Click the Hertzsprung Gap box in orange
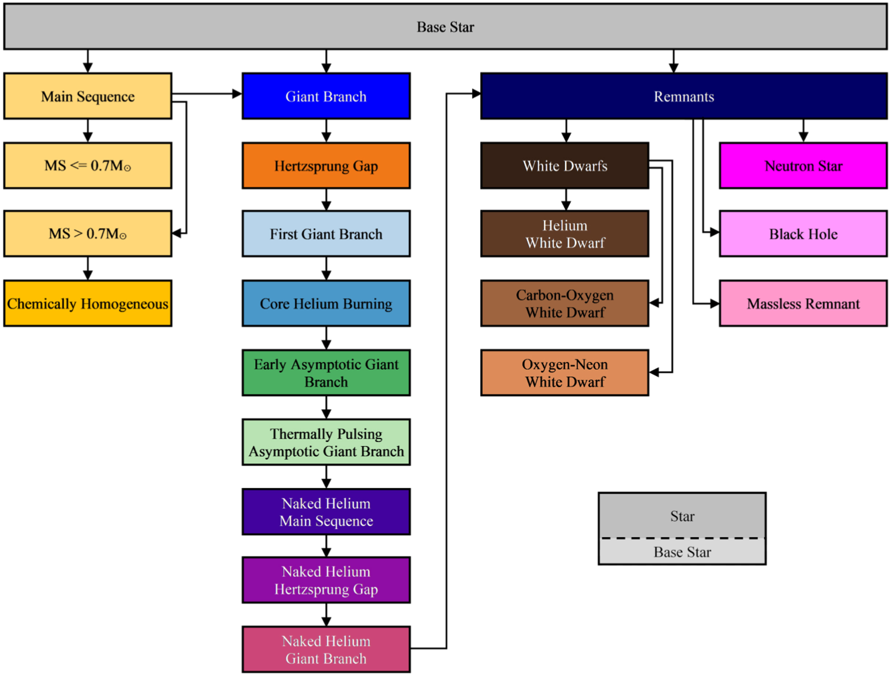[326, 166]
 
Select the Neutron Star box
[803, 166]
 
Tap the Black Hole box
[803, 234]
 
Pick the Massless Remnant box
[803, 304]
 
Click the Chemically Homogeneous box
[88, 304]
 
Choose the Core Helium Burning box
[326, 304]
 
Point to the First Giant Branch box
[326, 234]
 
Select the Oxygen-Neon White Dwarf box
[565, 373]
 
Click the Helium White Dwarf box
[565, 234]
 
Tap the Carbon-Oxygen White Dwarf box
[565, 304]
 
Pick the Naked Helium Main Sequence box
[326, 512]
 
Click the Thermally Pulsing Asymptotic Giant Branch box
[326, 442]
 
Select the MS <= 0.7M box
[88, 166]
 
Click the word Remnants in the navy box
[684, 97]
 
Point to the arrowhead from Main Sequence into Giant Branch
[237, 94]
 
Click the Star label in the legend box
[682, 516]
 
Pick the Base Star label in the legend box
[682, 552]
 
